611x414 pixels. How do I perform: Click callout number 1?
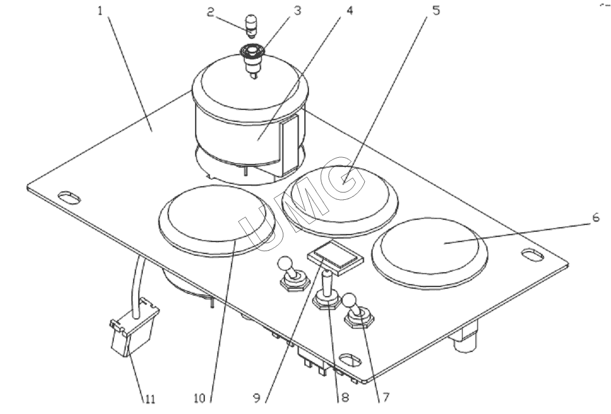100,11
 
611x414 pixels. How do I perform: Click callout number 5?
436,10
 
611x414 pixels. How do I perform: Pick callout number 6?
594,218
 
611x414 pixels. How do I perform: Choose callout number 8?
344,397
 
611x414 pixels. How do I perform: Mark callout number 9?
265,397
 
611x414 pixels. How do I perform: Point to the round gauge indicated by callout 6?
431,251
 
